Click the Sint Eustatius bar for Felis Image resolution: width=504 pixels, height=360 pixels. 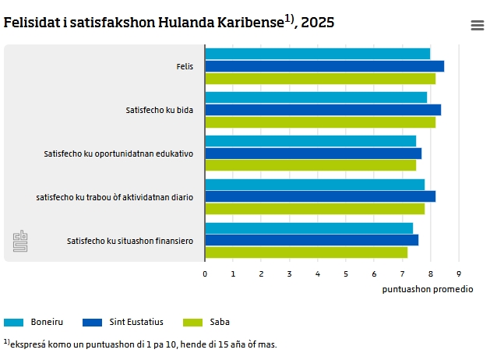point(325,66)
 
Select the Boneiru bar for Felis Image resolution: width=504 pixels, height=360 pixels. point(318,54)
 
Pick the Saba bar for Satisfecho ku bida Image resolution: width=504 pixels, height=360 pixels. point(320,122)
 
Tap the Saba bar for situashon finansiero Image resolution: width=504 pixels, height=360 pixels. point(306,252)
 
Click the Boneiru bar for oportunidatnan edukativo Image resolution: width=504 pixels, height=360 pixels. point(311,141)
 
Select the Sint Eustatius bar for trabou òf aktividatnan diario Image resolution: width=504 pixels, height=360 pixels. point(320,196)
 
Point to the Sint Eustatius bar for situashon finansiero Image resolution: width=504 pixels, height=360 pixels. point(312,240)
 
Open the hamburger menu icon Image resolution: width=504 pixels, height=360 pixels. point(478,25)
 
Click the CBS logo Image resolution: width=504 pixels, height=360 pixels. point(20,241)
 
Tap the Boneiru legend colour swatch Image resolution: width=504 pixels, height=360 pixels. point(13,323)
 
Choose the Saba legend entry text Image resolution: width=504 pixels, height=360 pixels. point(220,322)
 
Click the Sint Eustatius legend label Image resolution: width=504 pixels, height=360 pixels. point(136,322)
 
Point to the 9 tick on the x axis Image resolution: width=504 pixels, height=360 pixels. point(459,274)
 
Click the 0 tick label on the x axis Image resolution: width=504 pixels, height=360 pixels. point(205,274)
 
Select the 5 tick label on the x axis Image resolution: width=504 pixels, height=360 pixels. point(346,274)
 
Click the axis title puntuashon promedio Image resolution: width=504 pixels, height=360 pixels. point(428,289)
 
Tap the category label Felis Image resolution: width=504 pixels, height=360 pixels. point(185,66)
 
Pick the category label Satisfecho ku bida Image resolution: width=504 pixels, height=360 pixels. point(160,110)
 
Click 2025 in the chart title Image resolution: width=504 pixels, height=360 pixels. point(318,23)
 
